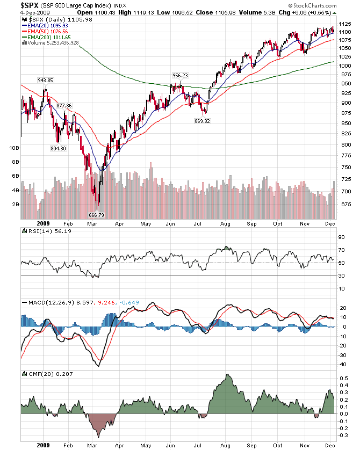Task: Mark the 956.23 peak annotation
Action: pos(180,76)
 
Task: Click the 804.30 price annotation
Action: pos(58,148)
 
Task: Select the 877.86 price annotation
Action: pos(64,105)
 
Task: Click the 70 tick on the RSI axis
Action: pos(341,250)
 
